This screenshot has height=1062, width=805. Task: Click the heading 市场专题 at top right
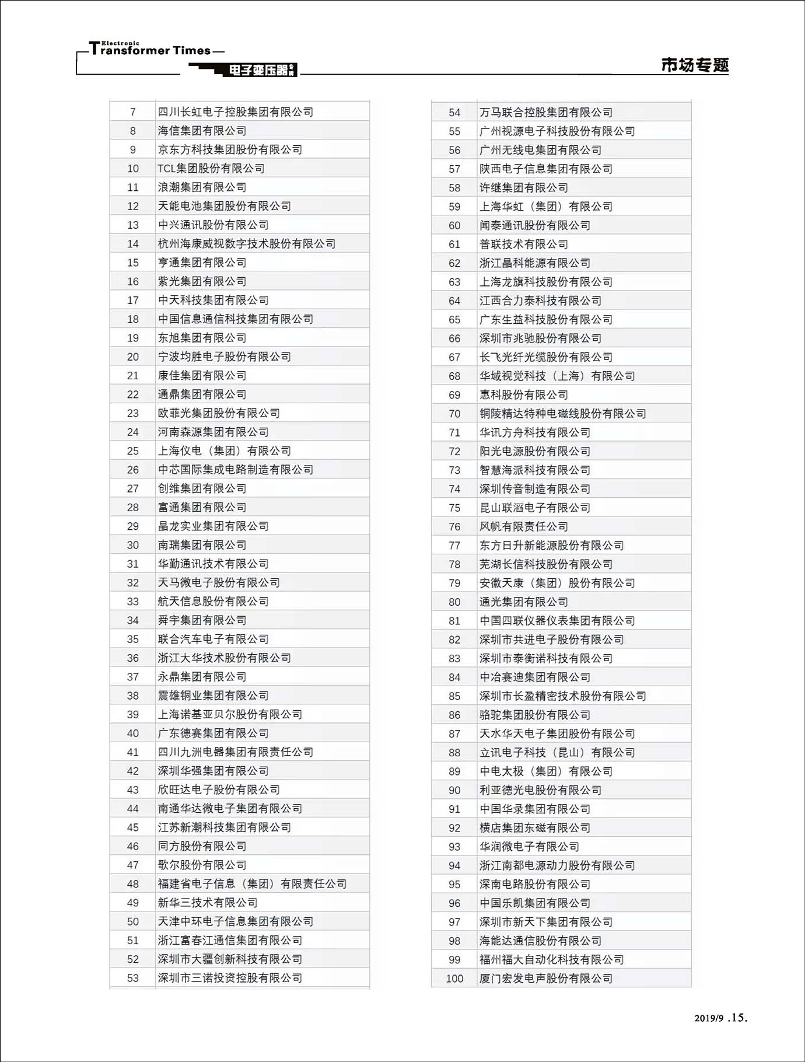click(695, 65)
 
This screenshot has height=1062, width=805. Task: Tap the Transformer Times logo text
click(150, 50)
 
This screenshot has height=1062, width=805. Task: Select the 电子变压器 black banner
click(259, 71)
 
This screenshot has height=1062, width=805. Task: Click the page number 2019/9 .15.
click(720, 1018)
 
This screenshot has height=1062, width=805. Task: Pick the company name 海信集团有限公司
click(202, 131)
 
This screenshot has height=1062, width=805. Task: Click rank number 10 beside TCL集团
click(133, 169)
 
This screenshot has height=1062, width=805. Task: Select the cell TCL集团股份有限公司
click(211, 169)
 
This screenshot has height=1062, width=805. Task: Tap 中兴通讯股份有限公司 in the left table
click(213, 225)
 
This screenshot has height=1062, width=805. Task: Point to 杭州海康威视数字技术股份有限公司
click(247, 244)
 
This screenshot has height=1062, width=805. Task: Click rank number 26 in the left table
click(133, 470)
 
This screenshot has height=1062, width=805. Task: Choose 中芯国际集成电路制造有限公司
click(236, 470)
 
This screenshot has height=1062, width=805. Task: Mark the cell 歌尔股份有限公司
click(202, 865)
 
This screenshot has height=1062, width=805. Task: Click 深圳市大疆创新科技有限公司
click(230, 959)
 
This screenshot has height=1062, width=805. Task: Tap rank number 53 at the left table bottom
click(133, 978)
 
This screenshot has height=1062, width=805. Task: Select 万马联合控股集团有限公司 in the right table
click(546, 113)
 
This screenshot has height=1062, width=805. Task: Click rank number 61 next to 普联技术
click(454, 244)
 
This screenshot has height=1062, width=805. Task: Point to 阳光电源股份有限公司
click(535, 451)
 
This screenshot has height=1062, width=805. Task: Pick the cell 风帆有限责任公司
click(524, 526)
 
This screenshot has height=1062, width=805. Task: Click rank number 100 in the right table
click(454, 979)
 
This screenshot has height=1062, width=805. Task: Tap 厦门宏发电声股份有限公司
click(546, 979)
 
